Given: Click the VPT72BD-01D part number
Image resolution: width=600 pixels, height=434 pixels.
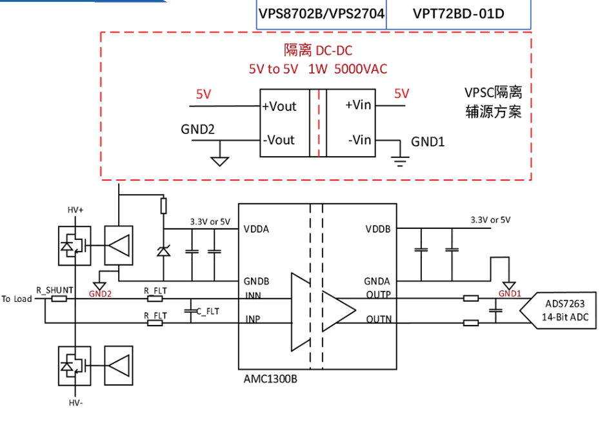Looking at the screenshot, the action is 458,14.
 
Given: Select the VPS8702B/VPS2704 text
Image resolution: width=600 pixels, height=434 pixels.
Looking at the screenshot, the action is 321,14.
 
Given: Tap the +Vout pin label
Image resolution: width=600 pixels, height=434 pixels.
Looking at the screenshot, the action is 279,106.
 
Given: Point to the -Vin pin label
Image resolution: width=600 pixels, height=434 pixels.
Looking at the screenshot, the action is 359,140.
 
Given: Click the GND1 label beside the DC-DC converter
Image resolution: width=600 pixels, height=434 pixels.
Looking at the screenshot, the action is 428,142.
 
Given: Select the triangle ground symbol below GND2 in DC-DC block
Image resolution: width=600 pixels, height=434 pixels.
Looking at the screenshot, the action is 219,161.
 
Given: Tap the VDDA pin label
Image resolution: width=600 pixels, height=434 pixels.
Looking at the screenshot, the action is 256,229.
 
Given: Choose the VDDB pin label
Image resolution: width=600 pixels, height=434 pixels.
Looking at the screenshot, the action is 377,229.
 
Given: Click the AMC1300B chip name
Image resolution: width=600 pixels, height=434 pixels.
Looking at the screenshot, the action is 270,379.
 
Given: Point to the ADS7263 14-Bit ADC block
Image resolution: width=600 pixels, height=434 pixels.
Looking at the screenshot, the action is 558,310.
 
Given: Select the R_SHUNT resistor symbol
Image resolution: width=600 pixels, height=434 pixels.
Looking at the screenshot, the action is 59,299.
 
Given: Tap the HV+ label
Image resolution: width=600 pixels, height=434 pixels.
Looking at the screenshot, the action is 75,210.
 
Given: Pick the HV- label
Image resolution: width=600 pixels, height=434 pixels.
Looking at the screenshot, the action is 75,402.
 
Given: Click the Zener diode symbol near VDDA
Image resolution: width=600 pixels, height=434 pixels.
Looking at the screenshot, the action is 163,252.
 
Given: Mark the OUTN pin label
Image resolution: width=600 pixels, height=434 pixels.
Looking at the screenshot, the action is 379,319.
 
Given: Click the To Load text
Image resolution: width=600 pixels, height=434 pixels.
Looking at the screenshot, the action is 17,299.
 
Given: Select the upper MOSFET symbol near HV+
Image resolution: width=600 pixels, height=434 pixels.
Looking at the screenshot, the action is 75,246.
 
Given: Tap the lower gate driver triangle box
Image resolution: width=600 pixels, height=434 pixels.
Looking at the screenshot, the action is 119,366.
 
